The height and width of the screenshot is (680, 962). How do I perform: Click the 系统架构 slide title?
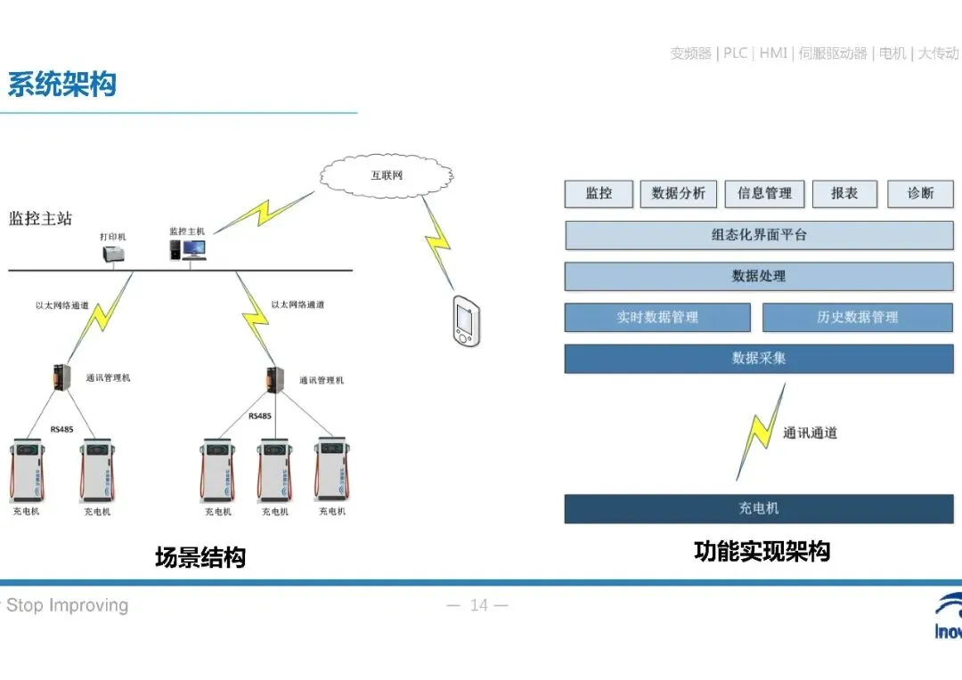click(61, 85)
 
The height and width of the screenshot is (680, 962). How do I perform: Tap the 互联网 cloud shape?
click(386, 175)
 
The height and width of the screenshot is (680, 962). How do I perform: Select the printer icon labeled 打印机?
click(113, 255)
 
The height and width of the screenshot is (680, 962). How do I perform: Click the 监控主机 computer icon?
click(189, 250)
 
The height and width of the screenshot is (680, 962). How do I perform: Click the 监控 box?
click(599, 194)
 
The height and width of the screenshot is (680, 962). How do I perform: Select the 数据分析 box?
click(678, 194)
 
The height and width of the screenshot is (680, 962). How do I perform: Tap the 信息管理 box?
click(764, 194)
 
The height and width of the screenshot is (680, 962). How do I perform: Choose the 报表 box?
click(844, 194)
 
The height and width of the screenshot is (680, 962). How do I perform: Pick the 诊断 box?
click(920, 194)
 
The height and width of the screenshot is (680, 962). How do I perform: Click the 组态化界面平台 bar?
click(759, 236)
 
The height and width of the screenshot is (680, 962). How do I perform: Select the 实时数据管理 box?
click(657, 318)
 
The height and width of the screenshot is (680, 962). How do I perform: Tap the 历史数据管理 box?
click(857, 318)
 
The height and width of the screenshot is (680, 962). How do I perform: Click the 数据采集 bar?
click(759, 359)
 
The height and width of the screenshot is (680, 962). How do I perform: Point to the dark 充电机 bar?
click(759, 509)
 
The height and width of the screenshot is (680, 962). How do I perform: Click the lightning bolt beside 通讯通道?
click(759, 432)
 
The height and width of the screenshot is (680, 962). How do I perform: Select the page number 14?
click(478, 606)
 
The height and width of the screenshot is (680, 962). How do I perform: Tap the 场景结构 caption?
click(200, 558)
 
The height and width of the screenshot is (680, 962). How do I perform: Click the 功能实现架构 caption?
click(762, 552)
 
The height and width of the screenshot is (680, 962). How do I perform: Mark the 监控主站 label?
click(40, 219)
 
